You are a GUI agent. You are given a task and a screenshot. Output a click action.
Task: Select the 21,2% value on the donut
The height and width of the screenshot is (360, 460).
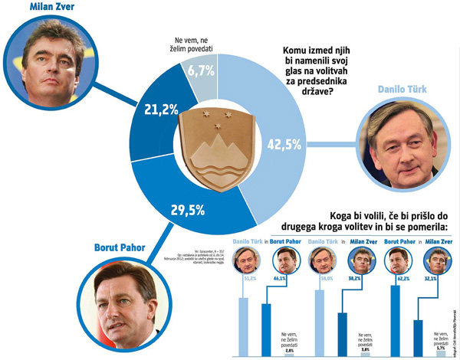[163, 110]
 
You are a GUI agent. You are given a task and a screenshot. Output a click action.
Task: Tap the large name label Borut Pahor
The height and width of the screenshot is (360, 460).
[123, 248]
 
